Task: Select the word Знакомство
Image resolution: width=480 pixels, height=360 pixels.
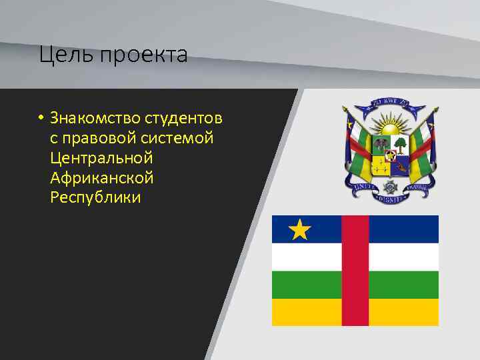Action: [95, 119]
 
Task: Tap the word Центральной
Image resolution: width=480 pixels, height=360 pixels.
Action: [101, 159]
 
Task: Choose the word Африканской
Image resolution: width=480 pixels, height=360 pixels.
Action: [101, 178]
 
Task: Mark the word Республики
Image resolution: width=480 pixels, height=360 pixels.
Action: [95, 198]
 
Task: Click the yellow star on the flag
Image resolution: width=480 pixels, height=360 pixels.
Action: [300, 230]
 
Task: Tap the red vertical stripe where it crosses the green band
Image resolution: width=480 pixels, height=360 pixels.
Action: [355, 284]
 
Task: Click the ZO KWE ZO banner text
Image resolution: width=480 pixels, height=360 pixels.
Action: [388, 103]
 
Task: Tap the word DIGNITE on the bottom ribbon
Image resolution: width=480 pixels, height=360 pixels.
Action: [389, 197]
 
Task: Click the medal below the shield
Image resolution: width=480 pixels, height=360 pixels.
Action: [389, 181]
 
